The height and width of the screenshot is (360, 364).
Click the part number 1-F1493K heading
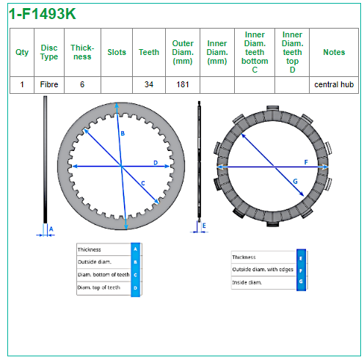[x=43, y=14]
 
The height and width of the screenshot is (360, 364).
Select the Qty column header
[x=22, y=52]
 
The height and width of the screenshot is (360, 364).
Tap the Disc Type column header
[x=49, y=52]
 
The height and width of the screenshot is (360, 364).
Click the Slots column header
[x=117, y=52]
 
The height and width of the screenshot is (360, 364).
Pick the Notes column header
[x=334, y=52]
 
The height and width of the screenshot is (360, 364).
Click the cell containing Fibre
[x=49, y=84]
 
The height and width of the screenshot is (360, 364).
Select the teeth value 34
[x=149, y=84]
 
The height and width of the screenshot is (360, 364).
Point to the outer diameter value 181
[x=183, y=84]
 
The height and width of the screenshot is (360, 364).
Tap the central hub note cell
[x=334, y=84]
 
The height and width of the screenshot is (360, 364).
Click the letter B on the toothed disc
[x=123, y=133]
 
